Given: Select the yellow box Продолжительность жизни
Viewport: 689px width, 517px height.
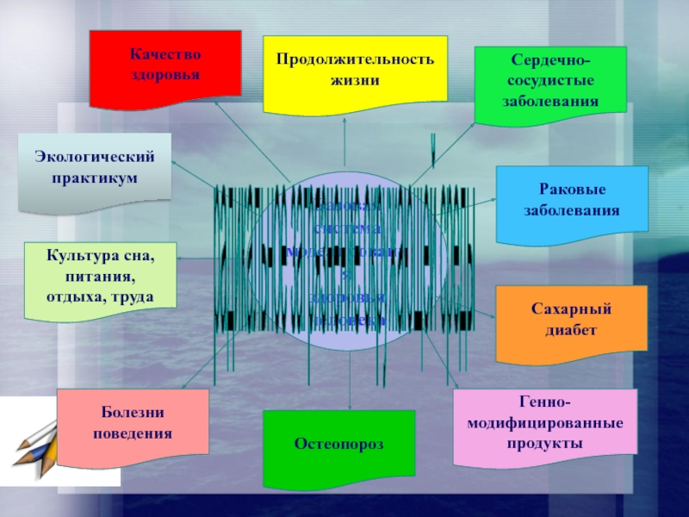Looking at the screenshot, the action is tap(355, 74).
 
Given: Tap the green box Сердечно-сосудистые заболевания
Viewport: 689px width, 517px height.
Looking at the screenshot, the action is tap(550, 84).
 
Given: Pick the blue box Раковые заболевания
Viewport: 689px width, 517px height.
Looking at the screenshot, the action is tap(572, 200).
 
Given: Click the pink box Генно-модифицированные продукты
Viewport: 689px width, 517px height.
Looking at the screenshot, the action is tap(545, 422).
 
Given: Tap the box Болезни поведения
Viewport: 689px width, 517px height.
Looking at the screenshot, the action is tap(133, 423).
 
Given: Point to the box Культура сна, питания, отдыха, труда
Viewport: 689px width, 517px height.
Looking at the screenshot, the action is tap(101, 275).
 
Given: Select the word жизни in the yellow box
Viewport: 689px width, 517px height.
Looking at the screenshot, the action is tap(354, 80).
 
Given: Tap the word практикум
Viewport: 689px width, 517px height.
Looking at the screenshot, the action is tap(95, 177).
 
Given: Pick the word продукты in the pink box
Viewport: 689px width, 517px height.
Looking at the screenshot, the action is tap(546, 443).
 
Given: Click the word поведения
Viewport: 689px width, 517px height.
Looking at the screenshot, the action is tap(133, 433).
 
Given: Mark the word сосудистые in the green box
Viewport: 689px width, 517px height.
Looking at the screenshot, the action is tap(550, 83).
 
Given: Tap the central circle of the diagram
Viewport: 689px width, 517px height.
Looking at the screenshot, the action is tap(349, 258).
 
